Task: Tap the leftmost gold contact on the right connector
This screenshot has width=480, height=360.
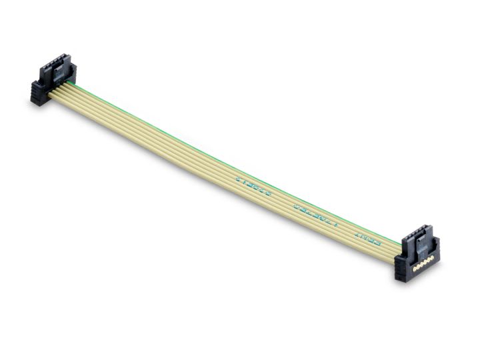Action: point(415,268)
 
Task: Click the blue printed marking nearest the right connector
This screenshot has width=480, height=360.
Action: point(367,237)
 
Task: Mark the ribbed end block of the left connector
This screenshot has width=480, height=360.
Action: point(39,93)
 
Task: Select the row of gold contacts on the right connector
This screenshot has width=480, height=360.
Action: point(425,263)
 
